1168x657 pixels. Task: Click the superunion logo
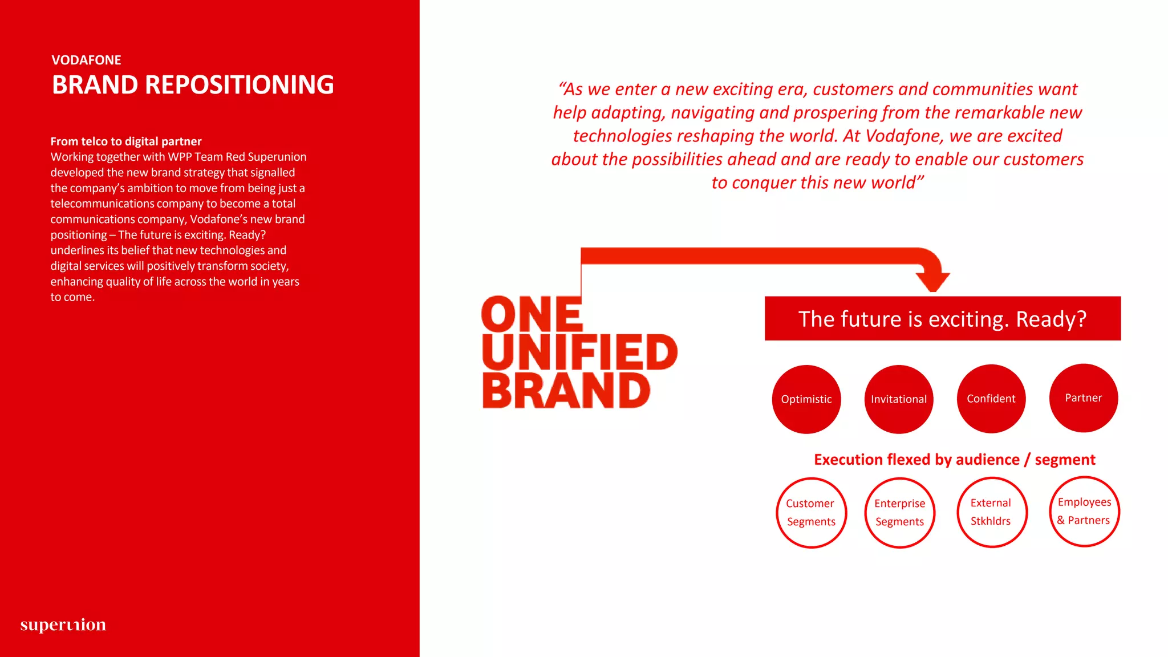[63, 625]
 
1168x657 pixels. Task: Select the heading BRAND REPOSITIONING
[193, 85]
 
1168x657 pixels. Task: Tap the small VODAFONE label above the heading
[86, 60]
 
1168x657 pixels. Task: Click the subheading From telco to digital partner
[126, 141]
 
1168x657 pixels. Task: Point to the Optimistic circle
[806, 399]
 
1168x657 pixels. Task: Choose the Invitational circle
[899, 399]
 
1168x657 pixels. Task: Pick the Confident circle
[991, 399]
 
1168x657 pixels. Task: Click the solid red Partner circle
[1084, 398]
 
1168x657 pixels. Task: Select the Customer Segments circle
[811, 512]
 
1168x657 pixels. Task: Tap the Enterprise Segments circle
[900, 512]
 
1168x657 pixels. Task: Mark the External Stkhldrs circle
[992, 512]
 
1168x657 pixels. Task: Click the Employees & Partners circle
[1085, 511]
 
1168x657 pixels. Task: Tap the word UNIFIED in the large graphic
[579, 352]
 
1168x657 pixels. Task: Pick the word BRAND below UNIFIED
[566, 391]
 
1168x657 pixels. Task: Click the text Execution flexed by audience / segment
[954, 460]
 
